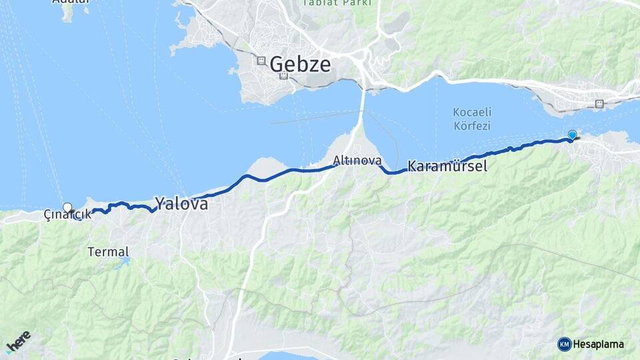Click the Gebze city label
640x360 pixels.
point(300,65)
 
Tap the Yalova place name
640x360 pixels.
point(181,203)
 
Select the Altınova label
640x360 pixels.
point(357,161)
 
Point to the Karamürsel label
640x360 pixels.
point(447,166)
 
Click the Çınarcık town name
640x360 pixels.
point(67,215)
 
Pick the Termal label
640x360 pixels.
point(108,252)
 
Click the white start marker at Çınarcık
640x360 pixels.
point(67,207)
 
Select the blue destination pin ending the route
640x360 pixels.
point(572,135)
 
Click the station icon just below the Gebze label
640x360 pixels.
point(285,76)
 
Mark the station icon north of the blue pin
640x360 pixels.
point(599,103)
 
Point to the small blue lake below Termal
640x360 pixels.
point(122,264)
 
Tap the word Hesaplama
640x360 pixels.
point(599,345)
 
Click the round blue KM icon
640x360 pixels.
point(564,344)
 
